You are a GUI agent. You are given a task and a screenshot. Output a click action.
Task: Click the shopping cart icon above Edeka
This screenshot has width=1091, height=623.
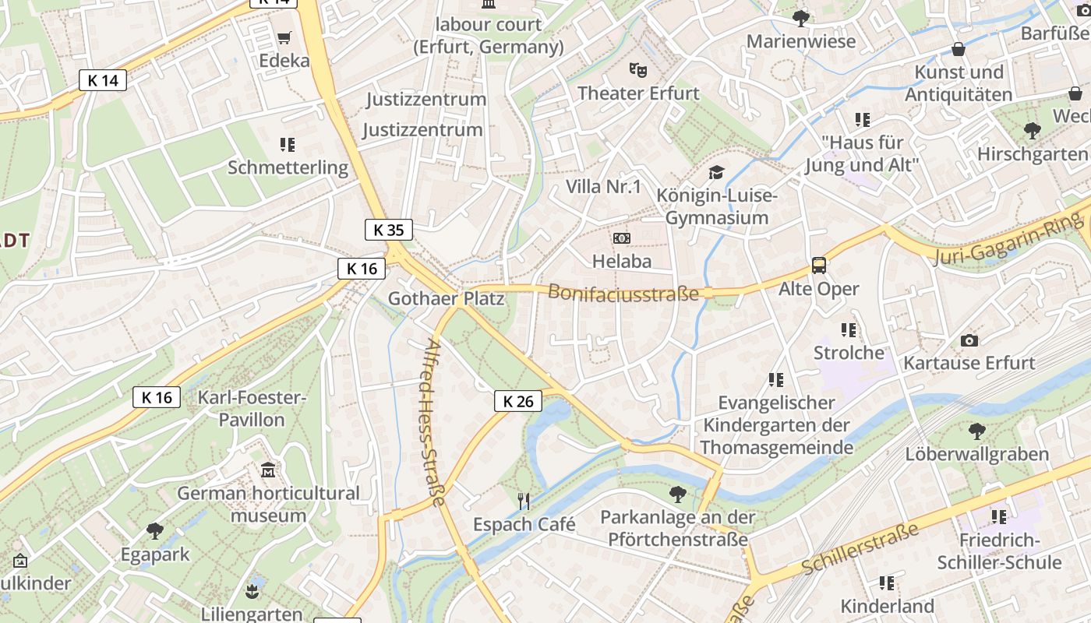284,37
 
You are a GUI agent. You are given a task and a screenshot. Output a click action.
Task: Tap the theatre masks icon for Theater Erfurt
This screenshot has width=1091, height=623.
638,70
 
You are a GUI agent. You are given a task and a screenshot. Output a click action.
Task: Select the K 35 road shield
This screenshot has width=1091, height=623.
388,230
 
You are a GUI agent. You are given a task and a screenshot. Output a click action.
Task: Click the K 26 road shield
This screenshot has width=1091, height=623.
518,401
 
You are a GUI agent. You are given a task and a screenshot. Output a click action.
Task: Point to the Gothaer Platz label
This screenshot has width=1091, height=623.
446,298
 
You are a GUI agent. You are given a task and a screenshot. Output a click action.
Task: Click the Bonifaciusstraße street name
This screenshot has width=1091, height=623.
623,293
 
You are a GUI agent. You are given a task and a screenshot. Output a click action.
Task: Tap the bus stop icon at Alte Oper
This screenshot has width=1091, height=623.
819,266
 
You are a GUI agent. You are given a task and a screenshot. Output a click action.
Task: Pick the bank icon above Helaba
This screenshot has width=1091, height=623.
621,238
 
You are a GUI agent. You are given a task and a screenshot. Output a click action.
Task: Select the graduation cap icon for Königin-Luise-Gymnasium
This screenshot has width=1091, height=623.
716,172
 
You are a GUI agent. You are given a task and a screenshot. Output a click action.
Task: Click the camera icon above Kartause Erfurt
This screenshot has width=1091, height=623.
969,340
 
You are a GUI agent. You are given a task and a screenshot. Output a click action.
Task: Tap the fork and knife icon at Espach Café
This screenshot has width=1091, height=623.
524,501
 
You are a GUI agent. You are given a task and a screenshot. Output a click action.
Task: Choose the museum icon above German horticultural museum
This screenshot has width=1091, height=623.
268,470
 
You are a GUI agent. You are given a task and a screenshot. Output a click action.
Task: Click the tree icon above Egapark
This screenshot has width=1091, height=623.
155,531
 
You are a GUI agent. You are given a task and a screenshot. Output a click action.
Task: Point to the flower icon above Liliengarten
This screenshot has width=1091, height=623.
252,591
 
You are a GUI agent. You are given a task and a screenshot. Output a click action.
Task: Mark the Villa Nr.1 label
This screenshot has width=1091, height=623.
603,186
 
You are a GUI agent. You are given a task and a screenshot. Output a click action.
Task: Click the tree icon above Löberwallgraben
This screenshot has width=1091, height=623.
976,431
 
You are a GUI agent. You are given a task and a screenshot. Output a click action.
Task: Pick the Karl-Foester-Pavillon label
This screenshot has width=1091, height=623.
252,409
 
